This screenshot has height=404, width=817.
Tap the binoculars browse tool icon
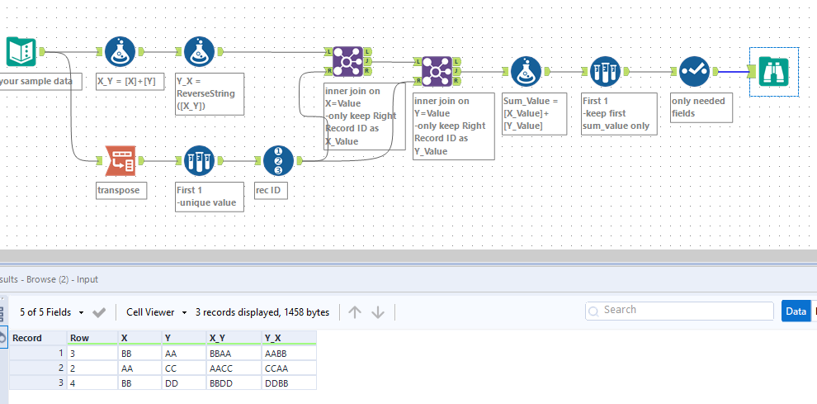point(773,72)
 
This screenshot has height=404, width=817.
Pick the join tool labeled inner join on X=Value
point(347,62)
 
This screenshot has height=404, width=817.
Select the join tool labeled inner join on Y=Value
point(438,72)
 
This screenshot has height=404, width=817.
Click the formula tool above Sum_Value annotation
point(526,72)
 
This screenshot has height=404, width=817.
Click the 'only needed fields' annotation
point(700,107)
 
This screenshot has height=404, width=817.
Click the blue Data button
point(796,311)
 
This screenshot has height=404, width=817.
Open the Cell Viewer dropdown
point(155,312)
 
